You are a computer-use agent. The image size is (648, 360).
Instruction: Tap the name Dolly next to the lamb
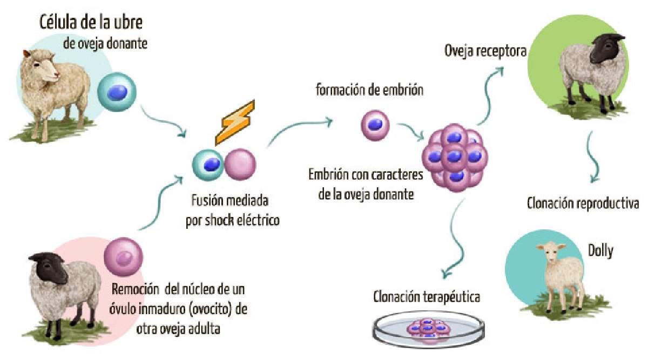click(600, 250)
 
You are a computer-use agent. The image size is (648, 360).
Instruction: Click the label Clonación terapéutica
click(426, 296)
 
